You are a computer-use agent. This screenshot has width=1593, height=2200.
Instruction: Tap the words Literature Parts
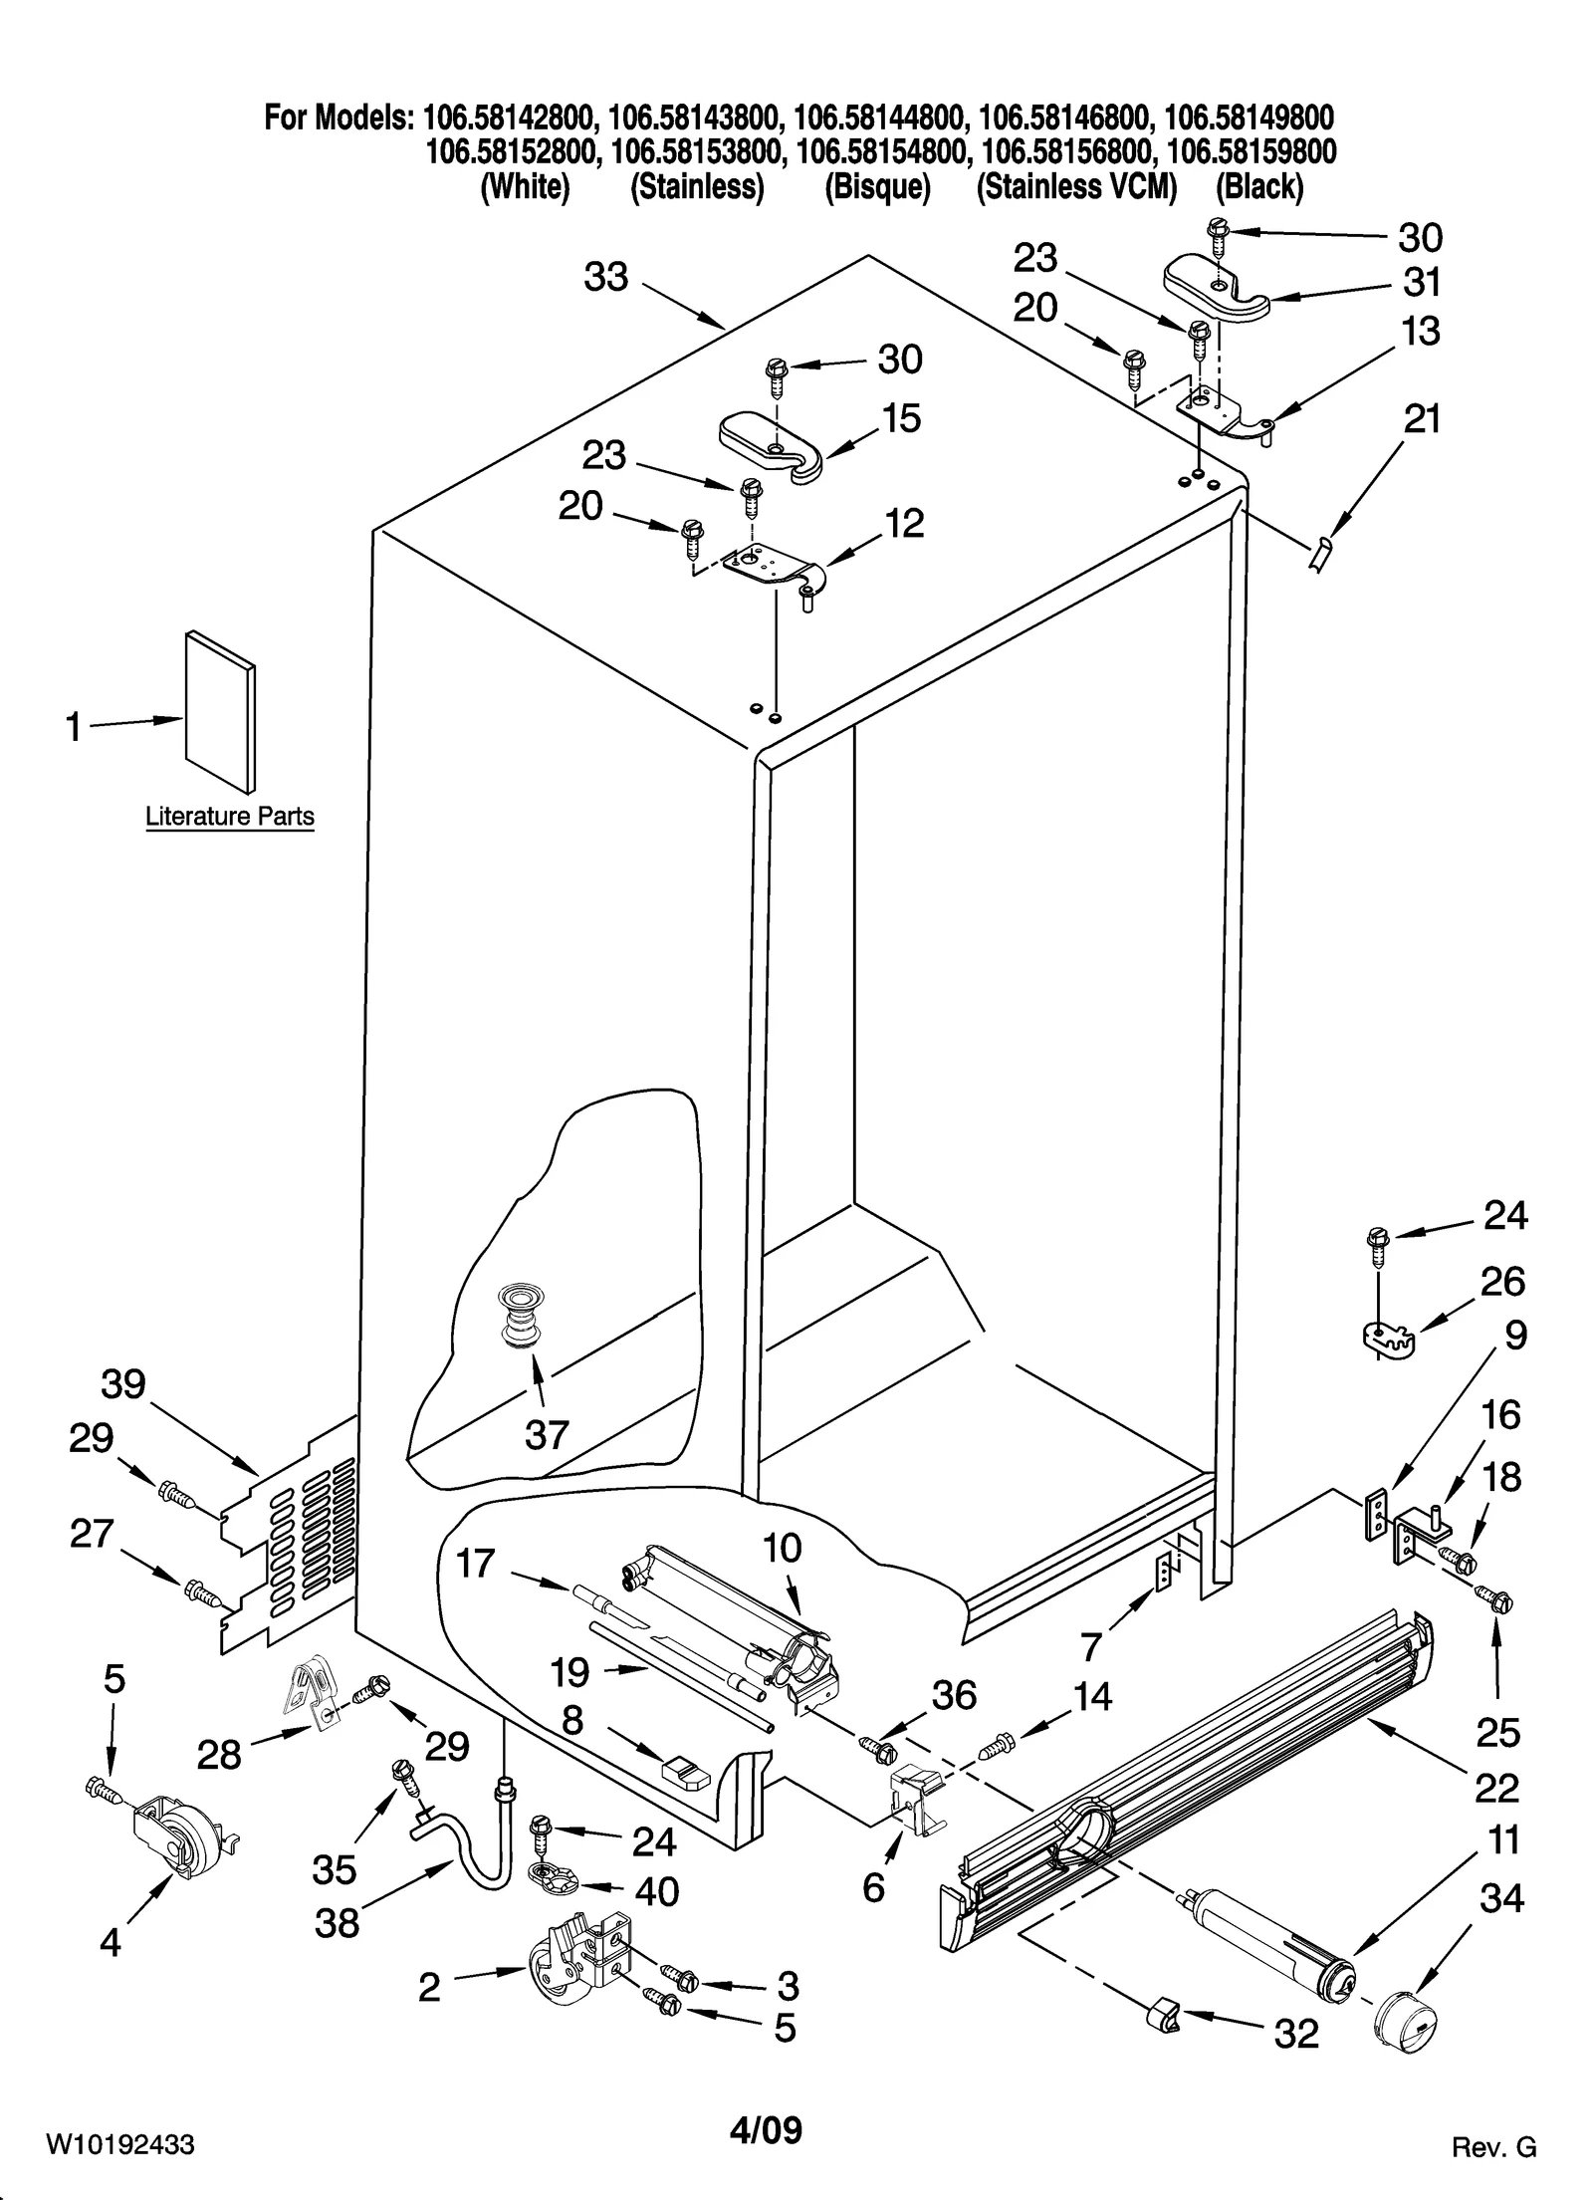(230, 817)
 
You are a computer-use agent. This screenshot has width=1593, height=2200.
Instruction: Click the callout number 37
(547, 1434)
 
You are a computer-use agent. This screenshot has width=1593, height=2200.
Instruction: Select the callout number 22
(1496, 1789)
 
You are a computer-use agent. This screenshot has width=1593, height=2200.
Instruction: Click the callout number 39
(122, 1383)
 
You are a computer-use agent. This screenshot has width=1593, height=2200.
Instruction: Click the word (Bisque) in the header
(877, 186)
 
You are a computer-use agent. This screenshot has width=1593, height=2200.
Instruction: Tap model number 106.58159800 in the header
(1251, 151)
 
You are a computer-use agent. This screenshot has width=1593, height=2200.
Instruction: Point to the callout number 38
(337, 1923)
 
